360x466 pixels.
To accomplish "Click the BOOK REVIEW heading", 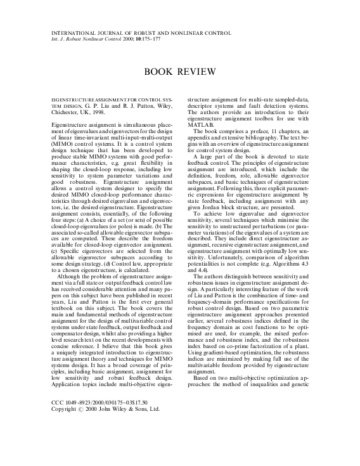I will pyautogui.click(x=179, y=72).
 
